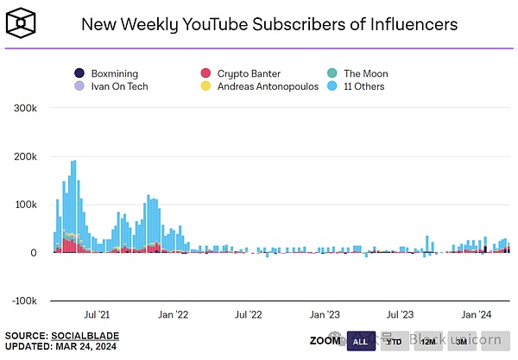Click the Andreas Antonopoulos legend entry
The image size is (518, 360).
(260, 86)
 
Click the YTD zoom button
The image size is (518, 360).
(395, 340)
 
